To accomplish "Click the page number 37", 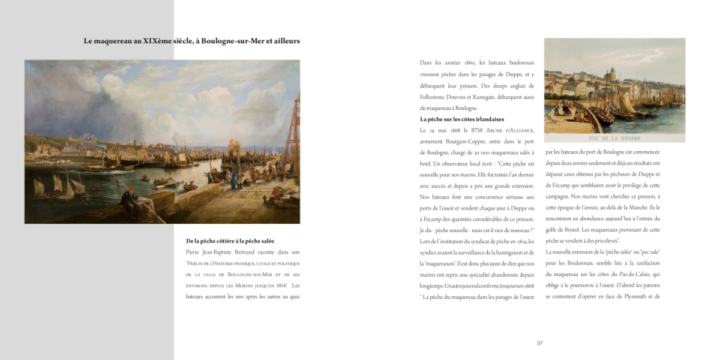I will pos(539,343).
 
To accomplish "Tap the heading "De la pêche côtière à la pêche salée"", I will pos(230,241).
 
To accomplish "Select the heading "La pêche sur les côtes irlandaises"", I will pos(462,119).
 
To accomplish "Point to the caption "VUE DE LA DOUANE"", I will pos(615,139).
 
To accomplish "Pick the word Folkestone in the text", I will pos(436,97).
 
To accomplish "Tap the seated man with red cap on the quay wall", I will pos(128,200).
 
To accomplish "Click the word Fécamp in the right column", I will pos(564,185).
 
